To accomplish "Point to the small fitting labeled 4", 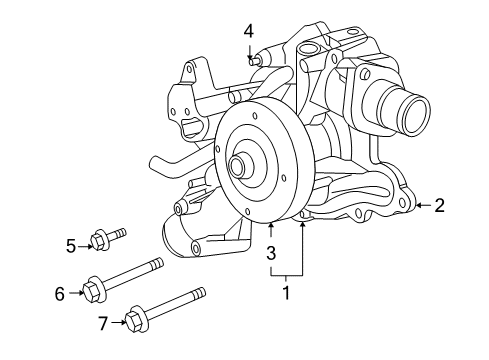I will pyautogui.click(x=254, y=62).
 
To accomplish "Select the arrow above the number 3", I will pyautogui.click(x=271, y=232).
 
